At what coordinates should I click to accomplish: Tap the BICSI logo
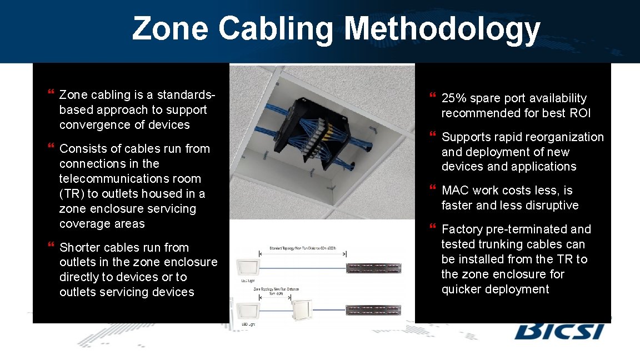point(559,330)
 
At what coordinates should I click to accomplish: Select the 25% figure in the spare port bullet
point(453,98)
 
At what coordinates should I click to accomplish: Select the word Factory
point(462,229)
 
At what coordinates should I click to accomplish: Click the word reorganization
point(561,137)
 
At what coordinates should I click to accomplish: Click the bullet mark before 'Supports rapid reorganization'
point(433,136)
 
